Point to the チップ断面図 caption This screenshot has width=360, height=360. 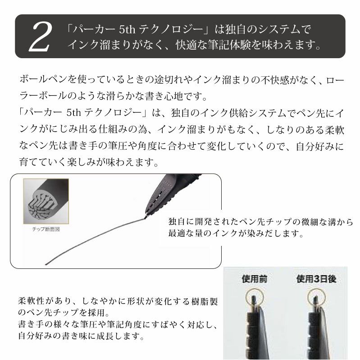pos(46,229)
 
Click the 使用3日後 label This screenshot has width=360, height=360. pos(316,279)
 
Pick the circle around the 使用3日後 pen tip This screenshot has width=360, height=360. pos(316,297)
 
